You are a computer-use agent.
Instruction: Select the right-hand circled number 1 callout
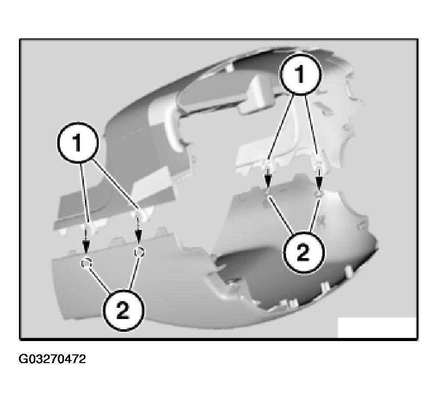click(301, 75)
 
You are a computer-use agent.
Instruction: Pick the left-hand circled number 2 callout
click(123, 311)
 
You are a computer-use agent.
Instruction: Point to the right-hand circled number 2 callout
click(302, 251)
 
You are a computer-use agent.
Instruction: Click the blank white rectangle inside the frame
click(377, 327)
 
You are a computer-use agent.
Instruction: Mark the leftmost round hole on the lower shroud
click(86, 262)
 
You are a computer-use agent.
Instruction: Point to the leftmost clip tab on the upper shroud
click(89, 225)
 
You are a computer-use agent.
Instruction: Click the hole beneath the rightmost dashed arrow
click(319, 195)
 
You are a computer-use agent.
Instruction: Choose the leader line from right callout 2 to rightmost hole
click(313, 216)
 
